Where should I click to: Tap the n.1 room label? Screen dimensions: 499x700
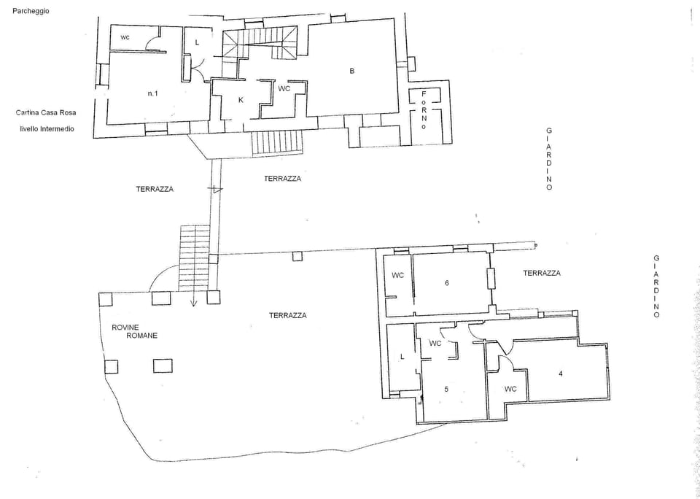(153, 93)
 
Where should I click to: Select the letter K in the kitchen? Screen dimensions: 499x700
(240, 99)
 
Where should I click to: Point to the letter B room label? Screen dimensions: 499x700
(352, 71)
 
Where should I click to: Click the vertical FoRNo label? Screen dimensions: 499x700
(424, 110)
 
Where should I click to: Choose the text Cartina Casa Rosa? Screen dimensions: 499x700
(45, 112)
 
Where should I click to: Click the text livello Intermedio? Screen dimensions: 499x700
(47, 128)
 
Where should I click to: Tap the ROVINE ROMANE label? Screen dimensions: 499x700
(134, 331)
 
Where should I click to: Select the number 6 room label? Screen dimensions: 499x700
(446, 282)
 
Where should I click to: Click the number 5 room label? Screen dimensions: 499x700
(446, 389)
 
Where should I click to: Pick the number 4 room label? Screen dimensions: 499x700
(560, 374)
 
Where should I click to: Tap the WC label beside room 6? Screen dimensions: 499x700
(397, 275)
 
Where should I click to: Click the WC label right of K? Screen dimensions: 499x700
(284, 88)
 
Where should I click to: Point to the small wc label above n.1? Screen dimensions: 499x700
(125, 36)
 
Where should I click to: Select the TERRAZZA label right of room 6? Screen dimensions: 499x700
(541, 273)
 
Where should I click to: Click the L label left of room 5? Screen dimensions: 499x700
(402, 356)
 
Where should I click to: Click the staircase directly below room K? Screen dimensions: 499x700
(276, 142)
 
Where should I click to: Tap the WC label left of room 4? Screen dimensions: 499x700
(510, 389)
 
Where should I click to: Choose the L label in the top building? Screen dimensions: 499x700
(197, 43)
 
